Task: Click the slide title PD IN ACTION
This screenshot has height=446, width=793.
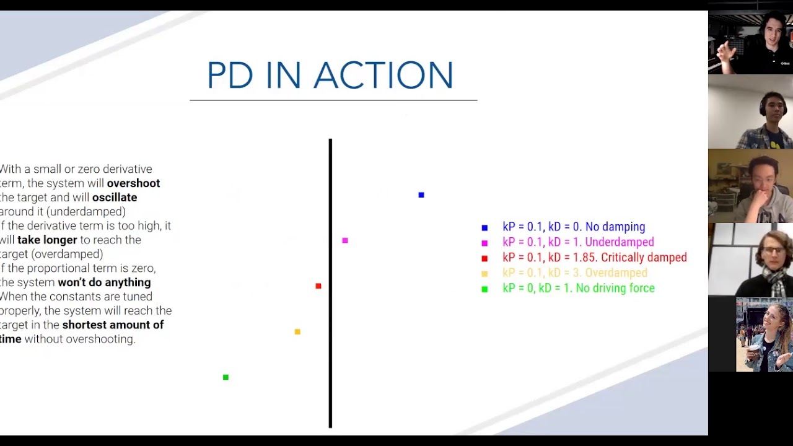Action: click(330, 76)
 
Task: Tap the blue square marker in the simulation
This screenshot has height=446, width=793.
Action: click(421, 195)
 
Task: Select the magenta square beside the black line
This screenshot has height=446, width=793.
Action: click(345, 240)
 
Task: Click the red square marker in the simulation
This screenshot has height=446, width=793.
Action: click(318, 286)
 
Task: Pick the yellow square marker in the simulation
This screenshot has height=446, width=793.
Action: click(297, 332)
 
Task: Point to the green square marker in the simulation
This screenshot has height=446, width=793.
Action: click(226, 377)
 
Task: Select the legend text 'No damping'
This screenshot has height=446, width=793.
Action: click(615, 227)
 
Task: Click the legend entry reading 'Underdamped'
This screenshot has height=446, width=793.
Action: click(619, 242)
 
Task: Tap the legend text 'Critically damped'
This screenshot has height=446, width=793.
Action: click(644, 258)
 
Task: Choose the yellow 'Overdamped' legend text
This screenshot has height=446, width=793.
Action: click(616, 273)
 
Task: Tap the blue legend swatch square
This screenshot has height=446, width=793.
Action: click(484, 228)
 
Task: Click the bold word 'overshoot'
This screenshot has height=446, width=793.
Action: click(133, 183)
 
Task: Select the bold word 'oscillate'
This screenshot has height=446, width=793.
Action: click(115, 198)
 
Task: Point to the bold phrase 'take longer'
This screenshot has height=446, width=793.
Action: click(47, 240)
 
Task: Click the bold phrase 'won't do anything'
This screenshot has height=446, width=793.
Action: click(104, 282)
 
